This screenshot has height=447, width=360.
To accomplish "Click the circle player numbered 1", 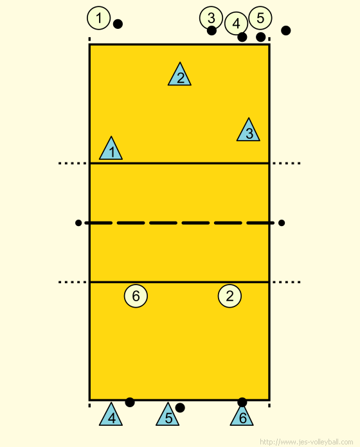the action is tap(99, 18).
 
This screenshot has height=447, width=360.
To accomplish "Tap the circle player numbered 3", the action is tap(211, 18).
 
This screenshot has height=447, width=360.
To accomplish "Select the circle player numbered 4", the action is tap(236, 23).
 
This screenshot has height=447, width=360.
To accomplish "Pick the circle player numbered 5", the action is tap(260, 18).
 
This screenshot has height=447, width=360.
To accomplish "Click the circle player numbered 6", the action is tap(136, 296).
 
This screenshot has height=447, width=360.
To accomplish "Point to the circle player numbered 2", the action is tap(230, 296).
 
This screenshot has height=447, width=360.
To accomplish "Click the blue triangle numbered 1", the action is tap(111, 150).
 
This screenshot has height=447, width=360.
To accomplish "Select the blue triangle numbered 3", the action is tap(248, 131).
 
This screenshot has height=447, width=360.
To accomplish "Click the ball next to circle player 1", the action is tap(118, 24).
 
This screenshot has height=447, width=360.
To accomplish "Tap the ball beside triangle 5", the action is tap(180, 408).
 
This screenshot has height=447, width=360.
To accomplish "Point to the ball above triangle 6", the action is tap(242, 402).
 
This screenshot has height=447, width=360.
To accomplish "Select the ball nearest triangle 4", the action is tap(130, 402).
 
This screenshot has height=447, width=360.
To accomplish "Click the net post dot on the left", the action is tap(78, 223).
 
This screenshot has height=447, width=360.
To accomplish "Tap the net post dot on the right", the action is tap(282, 223).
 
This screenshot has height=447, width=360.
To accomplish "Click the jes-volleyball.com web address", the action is tap(307, 442).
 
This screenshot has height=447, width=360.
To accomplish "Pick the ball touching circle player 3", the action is tap(212, 30).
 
